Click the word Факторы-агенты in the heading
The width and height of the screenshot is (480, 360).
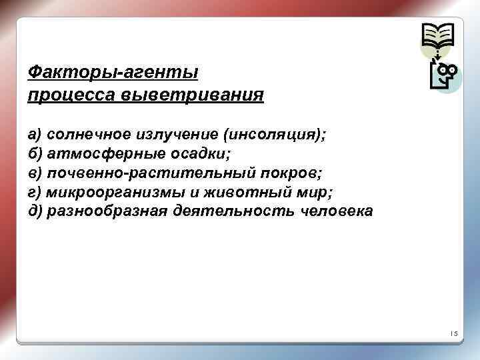[114, 71]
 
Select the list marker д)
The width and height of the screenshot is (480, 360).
[35, 212]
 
